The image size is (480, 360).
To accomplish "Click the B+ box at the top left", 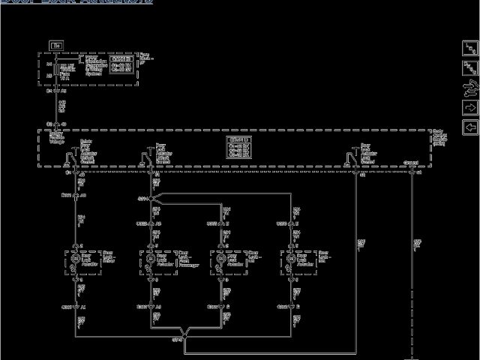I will coord(55,46).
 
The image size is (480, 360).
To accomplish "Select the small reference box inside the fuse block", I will coord(121,62).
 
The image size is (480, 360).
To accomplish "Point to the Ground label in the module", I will coord(411,162).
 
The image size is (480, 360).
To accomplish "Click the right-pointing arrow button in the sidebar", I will coord(470,127).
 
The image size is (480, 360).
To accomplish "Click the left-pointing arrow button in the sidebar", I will coord(470,108).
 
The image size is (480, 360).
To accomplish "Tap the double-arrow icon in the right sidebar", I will coord(470,68).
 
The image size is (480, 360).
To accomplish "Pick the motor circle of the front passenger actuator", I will coord(153,259).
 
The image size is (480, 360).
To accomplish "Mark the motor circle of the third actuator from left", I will coord(223,259).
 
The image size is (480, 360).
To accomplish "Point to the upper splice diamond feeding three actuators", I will coord(151,199).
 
